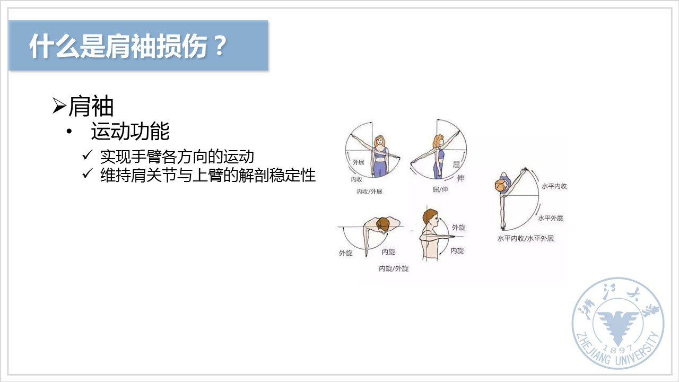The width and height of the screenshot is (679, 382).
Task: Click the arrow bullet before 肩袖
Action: coord(59,106)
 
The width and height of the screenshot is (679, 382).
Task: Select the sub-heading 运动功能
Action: coord(130,131)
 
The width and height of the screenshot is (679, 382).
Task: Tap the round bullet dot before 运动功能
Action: coord(69,132)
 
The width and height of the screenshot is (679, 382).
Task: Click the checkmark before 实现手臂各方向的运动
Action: coord(87,155)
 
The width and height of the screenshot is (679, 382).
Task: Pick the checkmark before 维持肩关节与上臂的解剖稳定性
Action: coord(87,173)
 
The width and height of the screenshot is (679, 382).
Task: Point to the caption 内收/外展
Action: coord(369,192)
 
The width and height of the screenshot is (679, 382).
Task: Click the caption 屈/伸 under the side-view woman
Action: coord(440,189)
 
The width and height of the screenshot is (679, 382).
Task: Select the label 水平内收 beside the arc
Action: coord(554,186)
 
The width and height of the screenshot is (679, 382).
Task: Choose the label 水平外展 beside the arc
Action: coord(551,218)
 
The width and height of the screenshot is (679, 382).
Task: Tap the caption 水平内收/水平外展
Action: coord(526,238)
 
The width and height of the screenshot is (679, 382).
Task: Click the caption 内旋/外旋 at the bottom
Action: coord(394,268)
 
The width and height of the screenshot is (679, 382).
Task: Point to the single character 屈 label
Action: coord(456,164)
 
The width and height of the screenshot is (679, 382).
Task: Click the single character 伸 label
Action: coord(460,178)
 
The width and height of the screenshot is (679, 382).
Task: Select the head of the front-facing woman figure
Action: coord(379,142)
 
